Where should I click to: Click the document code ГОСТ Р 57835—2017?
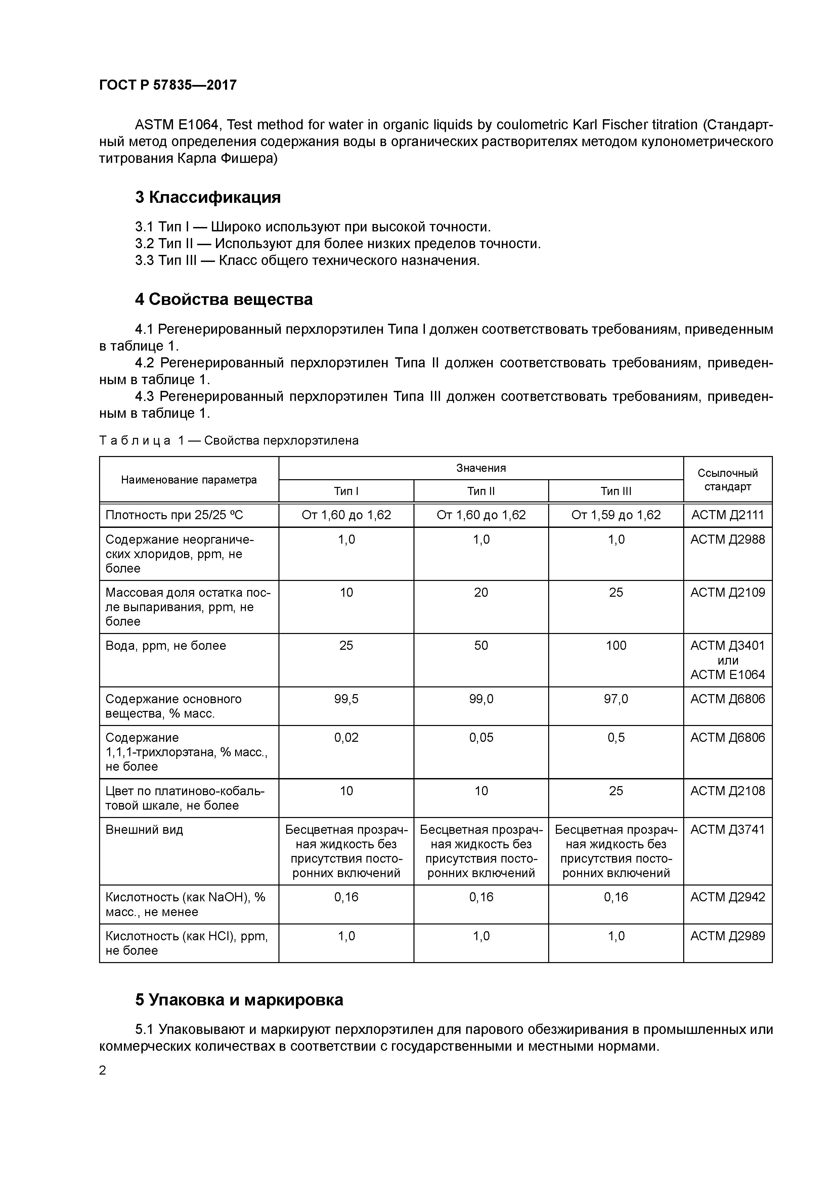click(168, 85)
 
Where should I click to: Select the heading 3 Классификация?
click(208, 197)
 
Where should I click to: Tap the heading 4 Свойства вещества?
click(224, 299)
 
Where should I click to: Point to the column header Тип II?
click(481, 491)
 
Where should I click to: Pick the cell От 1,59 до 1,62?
click(616, 514)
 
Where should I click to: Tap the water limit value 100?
click(616, 645)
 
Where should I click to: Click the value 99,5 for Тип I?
click(346, 699)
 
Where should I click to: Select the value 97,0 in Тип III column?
click(616, 699)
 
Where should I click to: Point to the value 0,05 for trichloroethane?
click(481, 737)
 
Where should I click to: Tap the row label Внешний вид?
click(144, 830)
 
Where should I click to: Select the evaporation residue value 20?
click(481, 593)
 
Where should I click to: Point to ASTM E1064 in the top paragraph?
click(177, 125)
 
